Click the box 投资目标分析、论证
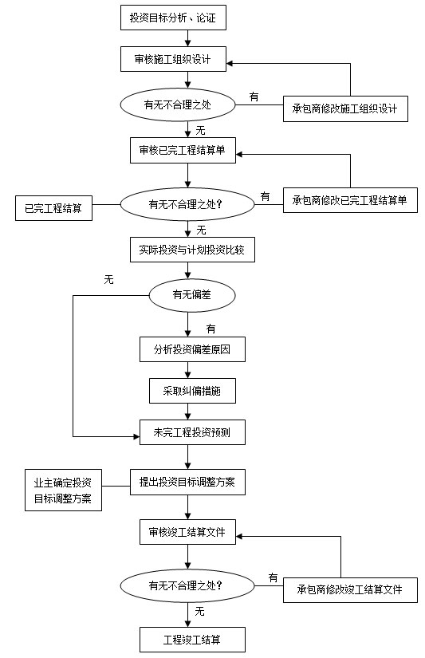(173, 18)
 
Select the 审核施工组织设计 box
(173, 59)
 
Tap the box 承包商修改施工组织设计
(345, 109)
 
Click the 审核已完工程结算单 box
(183, 150)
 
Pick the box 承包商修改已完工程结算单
(350, 200)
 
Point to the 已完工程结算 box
(53, 208)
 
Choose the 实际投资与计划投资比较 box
(192, 250)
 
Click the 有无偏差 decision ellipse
(192, 295)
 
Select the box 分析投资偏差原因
(192, 349)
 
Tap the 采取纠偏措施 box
(192, 391)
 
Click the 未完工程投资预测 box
(192, 432)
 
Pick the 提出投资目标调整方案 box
(187, 483)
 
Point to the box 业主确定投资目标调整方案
(63, 491)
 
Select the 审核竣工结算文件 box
(187, 532)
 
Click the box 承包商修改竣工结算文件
(350, 590)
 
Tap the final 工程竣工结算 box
(192, 640)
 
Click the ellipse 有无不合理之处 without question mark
(178, 105)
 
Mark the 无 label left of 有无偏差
(108, 279)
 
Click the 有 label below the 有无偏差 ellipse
(211, 329)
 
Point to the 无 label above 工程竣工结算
(199, 612)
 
